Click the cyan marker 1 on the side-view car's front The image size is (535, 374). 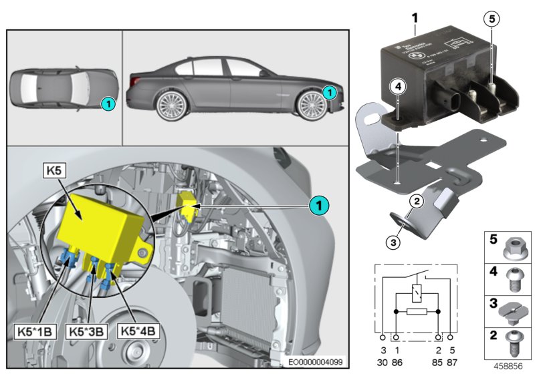[x=328, y=91]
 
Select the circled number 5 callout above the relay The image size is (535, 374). [x=492, y=19]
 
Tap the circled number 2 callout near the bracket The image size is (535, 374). [x=415, y=200]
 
